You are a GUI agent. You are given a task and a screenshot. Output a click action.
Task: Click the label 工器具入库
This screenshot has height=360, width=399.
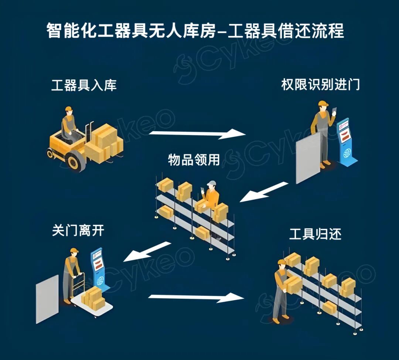[x=84, y=85]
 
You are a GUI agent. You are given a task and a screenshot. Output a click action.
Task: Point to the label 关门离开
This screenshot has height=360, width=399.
[x=78, y=231]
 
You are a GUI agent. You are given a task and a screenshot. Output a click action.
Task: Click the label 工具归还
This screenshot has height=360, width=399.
[x=315, y=234]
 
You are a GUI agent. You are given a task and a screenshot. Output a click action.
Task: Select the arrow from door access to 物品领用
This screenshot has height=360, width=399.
[x=264, y=192]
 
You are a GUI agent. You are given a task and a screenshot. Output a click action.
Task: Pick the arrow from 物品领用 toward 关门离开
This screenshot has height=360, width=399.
[x=147, y=251]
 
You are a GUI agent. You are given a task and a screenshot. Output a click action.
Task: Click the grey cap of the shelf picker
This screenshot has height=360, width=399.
[x=212, y=183]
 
